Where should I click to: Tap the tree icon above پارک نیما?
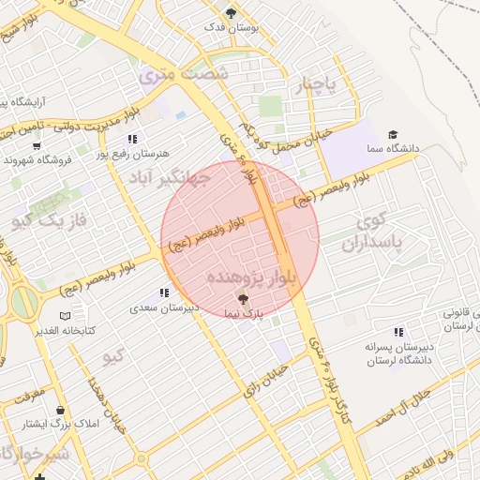coord(244,298)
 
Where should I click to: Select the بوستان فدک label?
coord(231,27)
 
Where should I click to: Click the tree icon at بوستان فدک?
coord(231,13)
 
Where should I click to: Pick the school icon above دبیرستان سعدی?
coord(165,293)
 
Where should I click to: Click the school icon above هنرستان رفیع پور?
coord(132,139)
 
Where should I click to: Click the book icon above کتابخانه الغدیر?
coord(64,316)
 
